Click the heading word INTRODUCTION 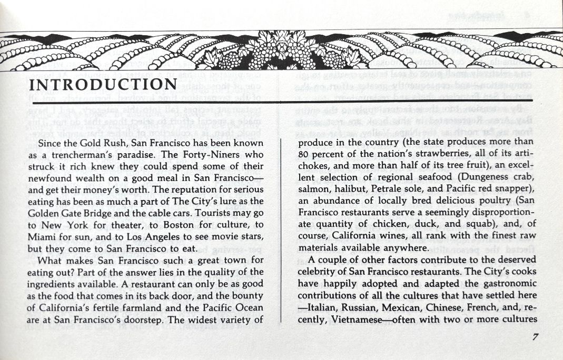(103, 85)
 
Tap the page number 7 (535, 337)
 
